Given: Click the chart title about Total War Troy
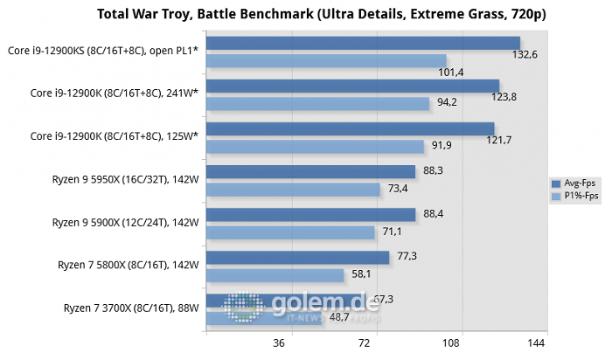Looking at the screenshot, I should pos(328,16).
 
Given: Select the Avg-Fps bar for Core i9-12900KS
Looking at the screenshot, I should pos(363,43).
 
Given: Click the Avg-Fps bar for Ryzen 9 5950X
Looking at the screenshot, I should pos(310,171).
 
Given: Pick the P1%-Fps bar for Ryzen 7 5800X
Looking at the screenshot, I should pos(275,274).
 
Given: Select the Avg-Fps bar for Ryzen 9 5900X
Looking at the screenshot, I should pos(310,214).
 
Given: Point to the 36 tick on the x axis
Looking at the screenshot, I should pos(280,343).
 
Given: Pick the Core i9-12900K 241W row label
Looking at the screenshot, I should pos(115,93).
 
